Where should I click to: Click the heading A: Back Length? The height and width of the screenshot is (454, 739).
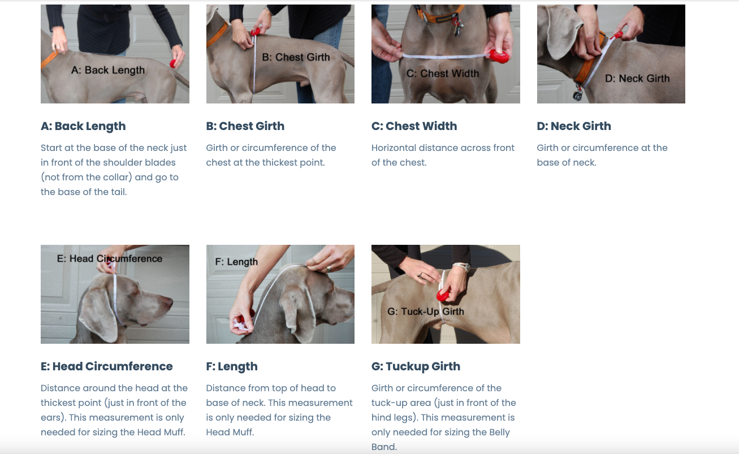click(x=83, y=126)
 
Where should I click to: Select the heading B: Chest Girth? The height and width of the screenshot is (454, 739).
click(x=245, y=126)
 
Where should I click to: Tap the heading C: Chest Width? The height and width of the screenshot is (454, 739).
click(x=414, y=126)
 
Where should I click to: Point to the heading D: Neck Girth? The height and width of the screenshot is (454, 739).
click(x=574, y=126)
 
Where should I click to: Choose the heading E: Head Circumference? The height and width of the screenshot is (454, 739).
click(x=106, y=366)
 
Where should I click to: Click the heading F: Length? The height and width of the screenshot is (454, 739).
click(x=232, y=366)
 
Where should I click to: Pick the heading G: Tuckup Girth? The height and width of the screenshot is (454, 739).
click(x=416, y=366)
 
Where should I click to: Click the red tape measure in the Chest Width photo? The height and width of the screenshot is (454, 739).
click(x=499, y=56)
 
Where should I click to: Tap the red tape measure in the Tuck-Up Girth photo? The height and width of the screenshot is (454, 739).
click(x=444, y=295)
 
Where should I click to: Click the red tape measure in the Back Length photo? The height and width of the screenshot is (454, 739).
click(x=173, y=64)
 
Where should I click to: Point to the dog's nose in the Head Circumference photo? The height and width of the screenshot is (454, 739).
click(x=169, y=302)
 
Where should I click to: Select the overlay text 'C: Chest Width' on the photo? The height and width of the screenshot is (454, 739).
click(x=442, y=73)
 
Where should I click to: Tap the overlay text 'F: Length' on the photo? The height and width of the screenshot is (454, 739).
click(x=236, y=262)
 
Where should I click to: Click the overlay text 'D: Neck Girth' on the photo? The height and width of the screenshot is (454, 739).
click(x=637, y=79)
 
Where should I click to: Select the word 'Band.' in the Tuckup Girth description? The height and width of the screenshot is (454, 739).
click(x=384, y=447)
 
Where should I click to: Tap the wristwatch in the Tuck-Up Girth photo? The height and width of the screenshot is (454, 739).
click(x=461, y=267)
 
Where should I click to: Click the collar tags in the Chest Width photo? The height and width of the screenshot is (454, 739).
click(x=457, y=27)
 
